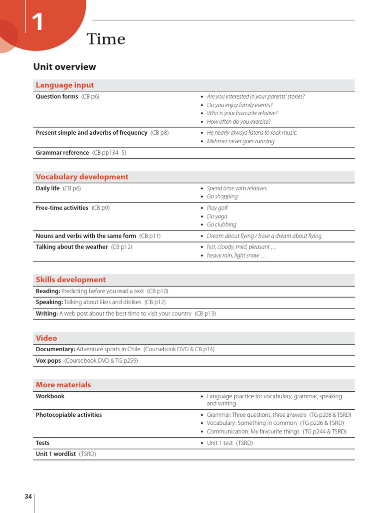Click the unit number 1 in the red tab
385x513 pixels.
[38, 23]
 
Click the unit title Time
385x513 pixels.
[106, 39]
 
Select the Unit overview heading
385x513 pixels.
[64, 67]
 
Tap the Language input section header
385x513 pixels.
[65, 85]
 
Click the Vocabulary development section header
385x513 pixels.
[82, 177]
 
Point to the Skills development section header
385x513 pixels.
[71, 280]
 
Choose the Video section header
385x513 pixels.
[46, 338]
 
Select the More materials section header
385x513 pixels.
[63, 385]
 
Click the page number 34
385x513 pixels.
[28, 496]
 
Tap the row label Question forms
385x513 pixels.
[57, 97]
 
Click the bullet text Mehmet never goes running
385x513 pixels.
[241, 141]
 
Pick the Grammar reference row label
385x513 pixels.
[62, 153]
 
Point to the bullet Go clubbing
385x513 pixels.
[221, 224]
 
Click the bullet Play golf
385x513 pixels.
[217, 208]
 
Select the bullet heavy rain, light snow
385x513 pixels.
[236, 255]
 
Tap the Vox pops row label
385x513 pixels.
[48, 361]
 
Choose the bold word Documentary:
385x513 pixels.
[55, 349]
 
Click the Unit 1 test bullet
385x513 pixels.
[230, 443]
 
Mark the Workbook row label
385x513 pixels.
[50, 396]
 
